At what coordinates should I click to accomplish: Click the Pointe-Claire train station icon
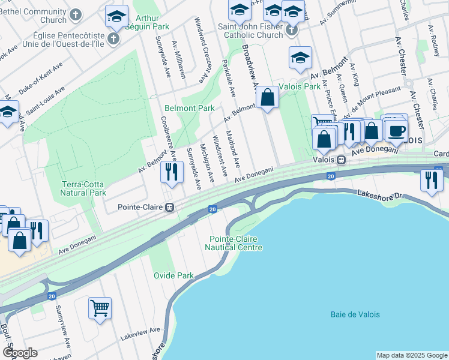pyautogui.click(x=170, y=208)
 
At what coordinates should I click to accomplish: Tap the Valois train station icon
pyautogui.click(x=340, y=160)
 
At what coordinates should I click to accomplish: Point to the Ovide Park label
pyautogui.click(x=173, y=275)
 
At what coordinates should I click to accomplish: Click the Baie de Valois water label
pyautogui.click(x=355, y=314)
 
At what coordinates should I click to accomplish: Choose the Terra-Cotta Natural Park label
pyautogui.click(x=83, y=188)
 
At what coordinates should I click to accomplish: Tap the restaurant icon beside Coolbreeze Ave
pyautogui.click(x=172, y=172)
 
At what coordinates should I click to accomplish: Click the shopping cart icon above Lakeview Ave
pyautogui.click(x=100, y=308)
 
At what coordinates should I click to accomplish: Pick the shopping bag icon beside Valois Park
pyautogui.click(x=267, y=98)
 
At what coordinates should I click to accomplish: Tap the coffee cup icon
pyautogui.click(x=396, y=130)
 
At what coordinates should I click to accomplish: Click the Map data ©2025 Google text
pyautogui.click(x=411, y=355)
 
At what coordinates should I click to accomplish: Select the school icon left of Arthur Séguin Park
pyautogui.click(x=116, y=17)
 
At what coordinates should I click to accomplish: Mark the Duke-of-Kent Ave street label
pyautogui.click(x=41, y=79)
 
